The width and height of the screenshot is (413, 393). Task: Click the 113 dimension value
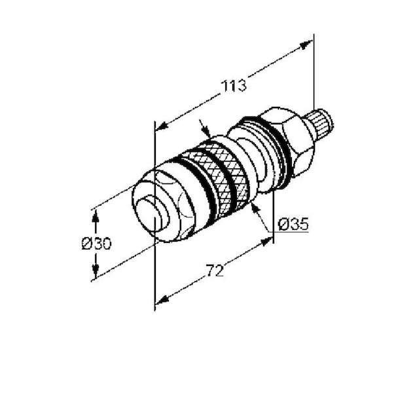tap(234, 86)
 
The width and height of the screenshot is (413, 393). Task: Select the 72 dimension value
tap(215, 271)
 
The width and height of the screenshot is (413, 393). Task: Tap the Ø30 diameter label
tap(96, 243)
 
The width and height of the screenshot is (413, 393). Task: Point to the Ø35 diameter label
tap(293, 224)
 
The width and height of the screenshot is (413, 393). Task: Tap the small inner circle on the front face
tap(152, 215)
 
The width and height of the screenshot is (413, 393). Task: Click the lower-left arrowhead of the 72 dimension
tap(162, 300)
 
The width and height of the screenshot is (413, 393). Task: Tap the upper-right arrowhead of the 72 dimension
tap(266, 242)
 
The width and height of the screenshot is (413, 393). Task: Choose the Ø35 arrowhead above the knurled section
tap(205, 130)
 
